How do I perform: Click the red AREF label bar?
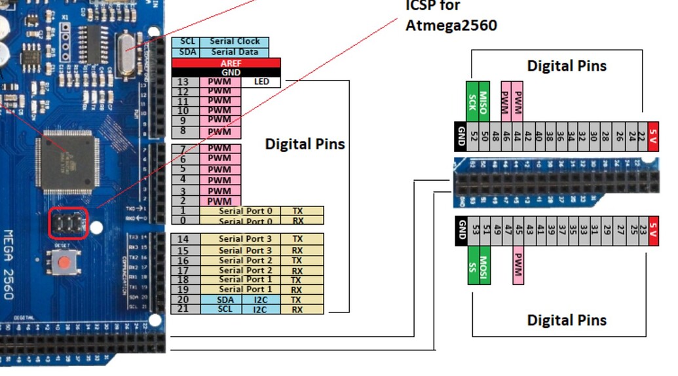click(226, 63)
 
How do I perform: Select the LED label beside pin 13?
click(261, 82)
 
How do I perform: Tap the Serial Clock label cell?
click(235, 41)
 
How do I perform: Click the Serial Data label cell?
click(235, 52)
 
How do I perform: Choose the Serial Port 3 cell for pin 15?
click(244, 250)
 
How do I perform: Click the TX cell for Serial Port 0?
click(297, 211)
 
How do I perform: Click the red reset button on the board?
click(64, 263)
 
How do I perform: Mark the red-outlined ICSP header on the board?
click(67, 223)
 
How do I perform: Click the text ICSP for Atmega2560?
click(451, 16)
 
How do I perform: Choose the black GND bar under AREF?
click(226, 72)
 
